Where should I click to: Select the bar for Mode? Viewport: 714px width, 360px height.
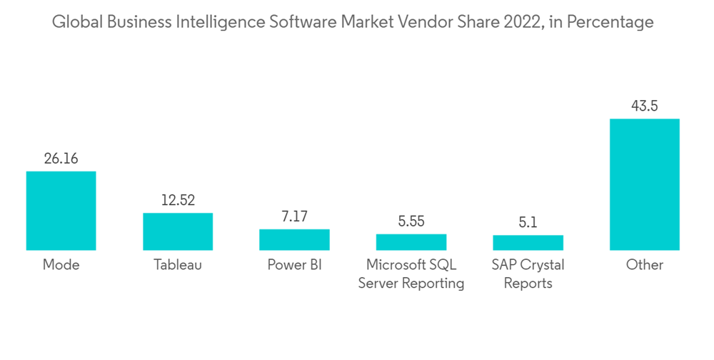[61, 211]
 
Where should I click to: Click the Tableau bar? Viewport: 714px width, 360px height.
[178, 231]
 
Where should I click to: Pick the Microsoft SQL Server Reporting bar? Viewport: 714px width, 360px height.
[411, 242]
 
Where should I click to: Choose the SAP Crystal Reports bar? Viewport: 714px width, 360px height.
[528, 243]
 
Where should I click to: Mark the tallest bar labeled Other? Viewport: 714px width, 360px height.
[644, 184]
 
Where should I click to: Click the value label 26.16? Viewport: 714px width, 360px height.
[61, 159]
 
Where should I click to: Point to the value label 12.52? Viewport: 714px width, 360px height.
[178, 201]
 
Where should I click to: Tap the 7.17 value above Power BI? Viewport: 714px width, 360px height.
[294, 216]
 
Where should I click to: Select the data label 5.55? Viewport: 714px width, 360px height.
[411, 221]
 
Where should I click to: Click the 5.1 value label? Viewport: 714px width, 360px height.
[528, 223]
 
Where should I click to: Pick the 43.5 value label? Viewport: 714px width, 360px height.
[644, 106]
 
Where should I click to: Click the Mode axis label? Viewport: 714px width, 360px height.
[61, 265]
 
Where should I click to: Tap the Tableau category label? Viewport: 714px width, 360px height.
[178, 265]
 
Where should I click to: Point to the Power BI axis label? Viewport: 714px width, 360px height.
[294, 265]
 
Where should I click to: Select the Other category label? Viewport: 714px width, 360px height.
[644, 265]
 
